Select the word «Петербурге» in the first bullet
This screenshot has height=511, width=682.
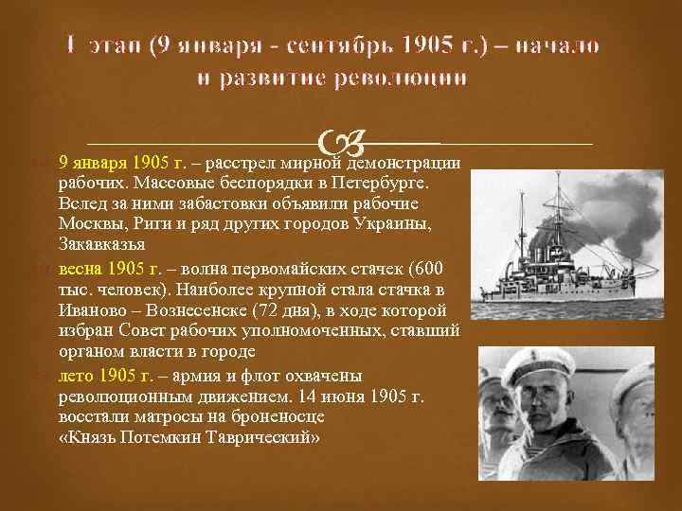point(384,182)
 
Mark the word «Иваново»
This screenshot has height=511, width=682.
point(90,310)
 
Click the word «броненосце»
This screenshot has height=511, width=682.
point(280,416)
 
